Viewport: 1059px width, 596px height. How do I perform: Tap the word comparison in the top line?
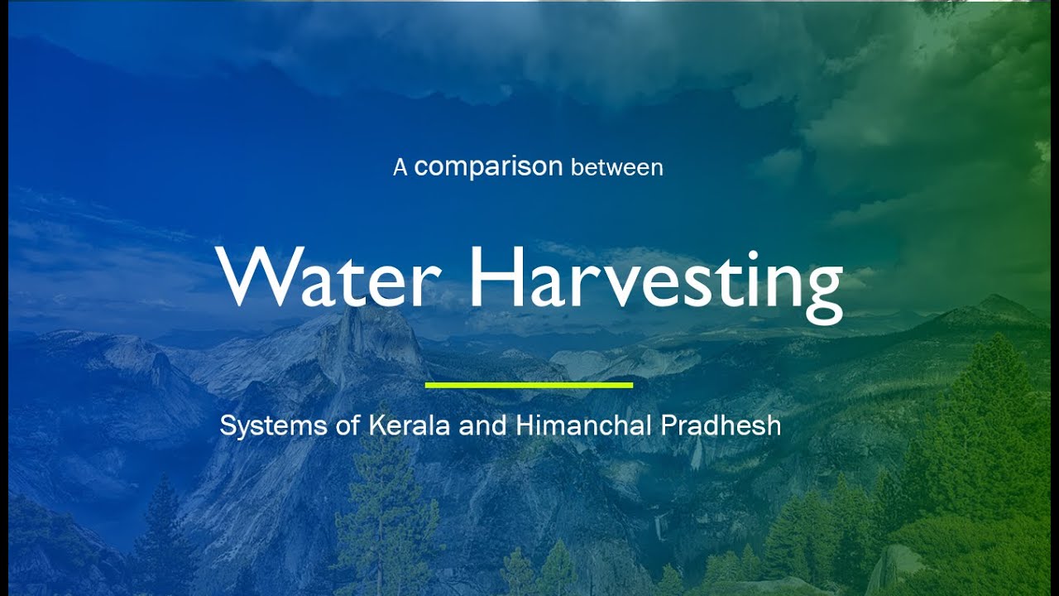488,166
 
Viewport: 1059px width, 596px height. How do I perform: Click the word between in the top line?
617,167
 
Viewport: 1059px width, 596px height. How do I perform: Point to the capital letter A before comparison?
400,168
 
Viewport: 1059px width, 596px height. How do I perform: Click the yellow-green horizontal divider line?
529,385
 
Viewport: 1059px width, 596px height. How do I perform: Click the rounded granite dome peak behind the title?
372,331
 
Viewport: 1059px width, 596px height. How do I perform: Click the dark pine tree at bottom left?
161,538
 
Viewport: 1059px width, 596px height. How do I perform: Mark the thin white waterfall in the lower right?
659,526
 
